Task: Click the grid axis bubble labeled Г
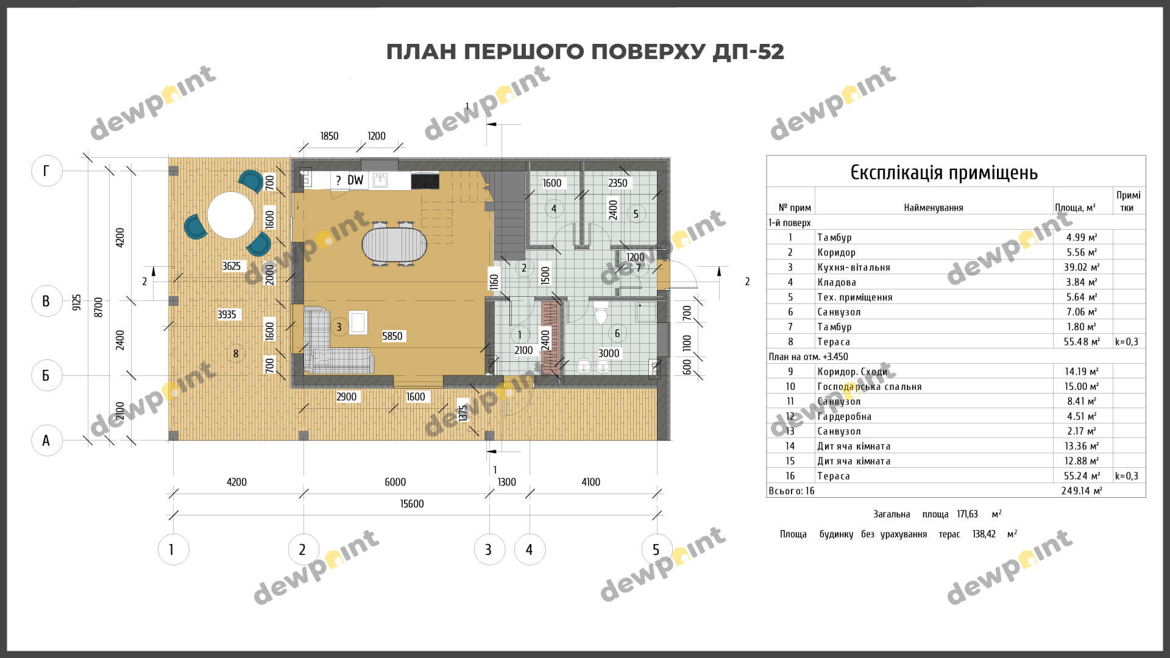point(46,171)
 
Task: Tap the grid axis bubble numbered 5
point(656,550)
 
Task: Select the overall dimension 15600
point(412,504)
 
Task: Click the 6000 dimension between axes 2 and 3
point(395,482)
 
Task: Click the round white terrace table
point(230,215)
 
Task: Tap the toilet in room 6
point(601,313)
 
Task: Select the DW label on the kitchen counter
point(355,180)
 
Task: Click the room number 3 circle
point(339,327)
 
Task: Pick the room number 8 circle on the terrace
point(236,353)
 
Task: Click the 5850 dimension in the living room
point(392,336)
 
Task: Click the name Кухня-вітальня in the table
point(853,267)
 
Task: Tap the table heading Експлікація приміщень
point(944,172)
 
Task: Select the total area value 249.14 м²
point(1082,491)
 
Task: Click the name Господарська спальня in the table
point(869,387)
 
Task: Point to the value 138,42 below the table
point(984,534)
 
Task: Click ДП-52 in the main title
point(748,52)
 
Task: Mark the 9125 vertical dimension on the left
point(76,302)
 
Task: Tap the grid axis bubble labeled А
point(46,440)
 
